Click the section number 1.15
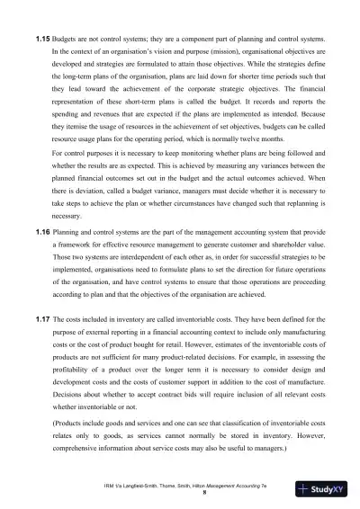coord(40,40)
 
